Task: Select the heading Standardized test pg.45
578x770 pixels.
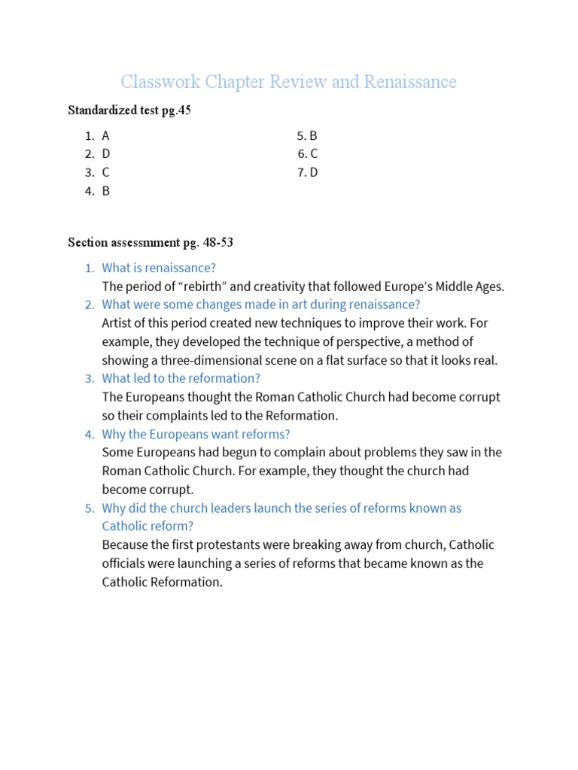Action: point(129,111)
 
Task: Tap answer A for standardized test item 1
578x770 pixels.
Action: point(105,135)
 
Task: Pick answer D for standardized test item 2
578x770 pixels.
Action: point(106,154)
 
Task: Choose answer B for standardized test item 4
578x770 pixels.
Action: point(106,191)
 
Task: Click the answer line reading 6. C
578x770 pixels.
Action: point(307,154)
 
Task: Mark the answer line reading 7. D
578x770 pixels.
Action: point(307,172)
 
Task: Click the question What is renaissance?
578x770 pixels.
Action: point(159,268)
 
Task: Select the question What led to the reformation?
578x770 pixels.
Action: point(181,378)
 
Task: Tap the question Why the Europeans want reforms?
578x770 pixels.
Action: point(196,434)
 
